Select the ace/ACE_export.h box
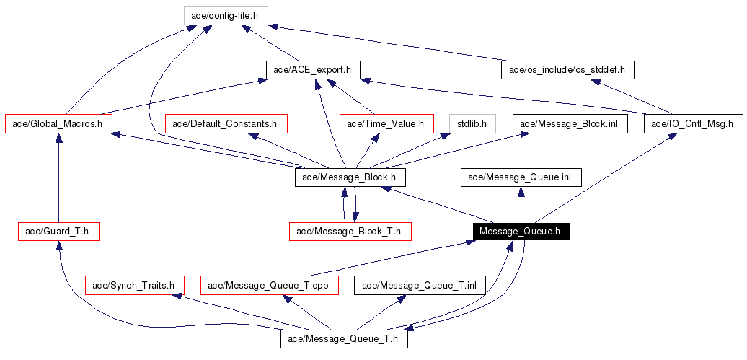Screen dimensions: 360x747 click(x=313, y=69)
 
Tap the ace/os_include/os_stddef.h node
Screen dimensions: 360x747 click(x=567, y=69)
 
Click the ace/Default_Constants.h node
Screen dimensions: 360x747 click(x=226, y=123)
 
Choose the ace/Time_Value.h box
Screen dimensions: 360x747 click(x=386, y=123)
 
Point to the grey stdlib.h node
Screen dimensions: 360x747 click(x=472, y=123)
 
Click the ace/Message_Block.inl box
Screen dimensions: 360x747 click(x=570, y=123)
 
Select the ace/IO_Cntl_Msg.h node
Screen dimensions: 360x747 click(x=692, y=123)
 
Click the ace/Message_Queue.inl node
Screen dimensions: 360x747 click(x=521, y=177)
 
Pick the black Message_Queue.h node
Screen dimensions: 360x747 click(x=521, y=232)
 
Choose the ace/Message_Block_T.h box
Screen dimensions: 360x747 click(x=350, y=232)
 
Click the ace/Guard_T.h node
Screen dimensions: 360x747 click(x=58, y=232)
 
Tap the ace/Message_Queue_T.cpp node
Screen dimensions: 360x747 click(x=268, y=285)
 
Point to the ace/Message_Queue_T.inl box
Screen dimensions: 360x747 click(x=420, y=285)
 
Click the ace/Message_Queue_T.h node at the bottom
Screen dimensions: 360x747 click(x=344, y=338)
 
